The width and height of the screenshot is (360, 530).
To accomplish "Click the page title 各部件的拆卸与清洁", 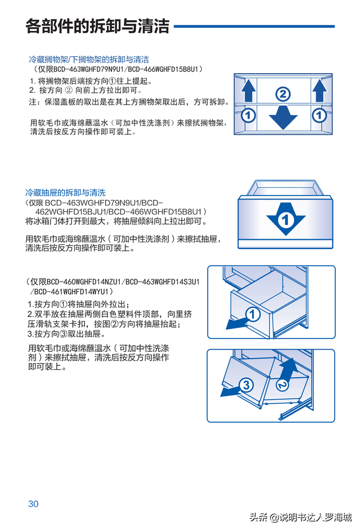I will click(97, 26).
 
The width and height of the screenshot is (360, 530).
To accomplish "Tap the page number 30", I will click(33, 504).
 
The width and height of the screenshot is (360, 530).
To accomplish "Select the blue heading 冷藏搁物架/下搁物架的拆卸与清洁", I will click(89, 59).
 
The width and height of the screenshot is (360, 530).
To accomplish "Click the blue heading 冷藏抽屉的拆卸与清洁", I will click(65, 192).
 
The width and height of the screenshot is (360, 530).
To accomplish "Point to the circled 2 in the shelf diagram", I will click(283, 94).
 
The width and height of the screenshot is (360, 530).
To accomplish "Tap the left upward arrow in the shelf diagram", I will click(248, 90).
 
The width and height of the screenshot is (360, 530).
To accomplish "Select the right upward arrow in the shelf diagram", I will click(319, 90).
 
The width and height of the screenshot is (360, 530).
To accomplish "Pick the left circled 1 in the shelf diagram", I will click(248, 116).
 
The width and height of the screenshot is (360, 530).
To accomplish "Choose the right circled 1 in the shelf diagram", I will click(319, 116).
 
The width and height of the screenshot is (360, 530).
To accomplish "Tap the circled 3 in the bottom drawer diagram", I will click(246, 385).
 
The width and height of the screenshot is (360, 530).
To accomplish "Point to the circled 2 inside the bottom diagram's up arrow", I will click(283, 384).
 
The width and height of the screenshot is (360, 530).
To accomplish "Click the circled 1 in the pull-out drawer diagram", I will click(253, 315).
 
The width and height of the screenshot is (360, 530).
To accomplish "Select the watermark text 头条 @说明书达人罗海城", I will click(301, 518).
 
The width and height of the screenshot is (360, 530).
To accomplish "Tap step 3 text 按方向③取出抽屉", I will click(64, 333).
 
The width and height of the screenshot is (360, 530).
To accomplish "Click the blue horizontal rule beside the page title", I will click(254, 26).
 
